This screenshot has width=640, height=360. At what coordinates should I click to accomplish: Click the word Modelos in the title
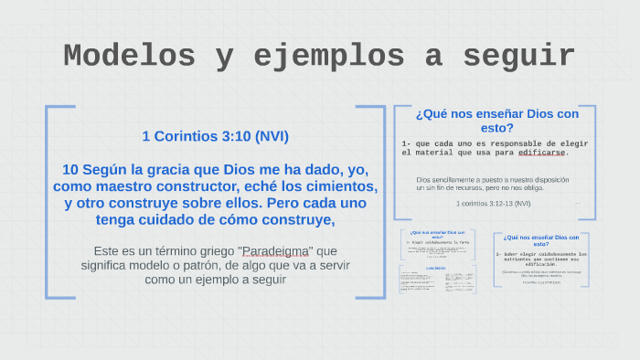point(129,57)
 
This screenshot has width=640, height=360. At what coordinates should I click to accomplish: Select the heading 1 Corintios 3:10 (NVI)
point(215,136)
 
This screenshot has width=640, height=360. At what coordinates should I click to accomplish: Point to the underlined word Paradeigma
point(275,250)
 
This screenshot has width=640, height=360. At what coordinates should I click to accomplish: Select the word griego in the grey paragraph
point(211,250)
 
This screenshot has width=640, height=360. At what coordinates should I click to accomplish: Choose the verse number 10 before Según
point(70,170)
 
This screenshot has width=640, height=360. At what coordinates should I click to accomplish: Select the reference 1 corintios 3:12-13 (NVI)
point(494,203)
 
